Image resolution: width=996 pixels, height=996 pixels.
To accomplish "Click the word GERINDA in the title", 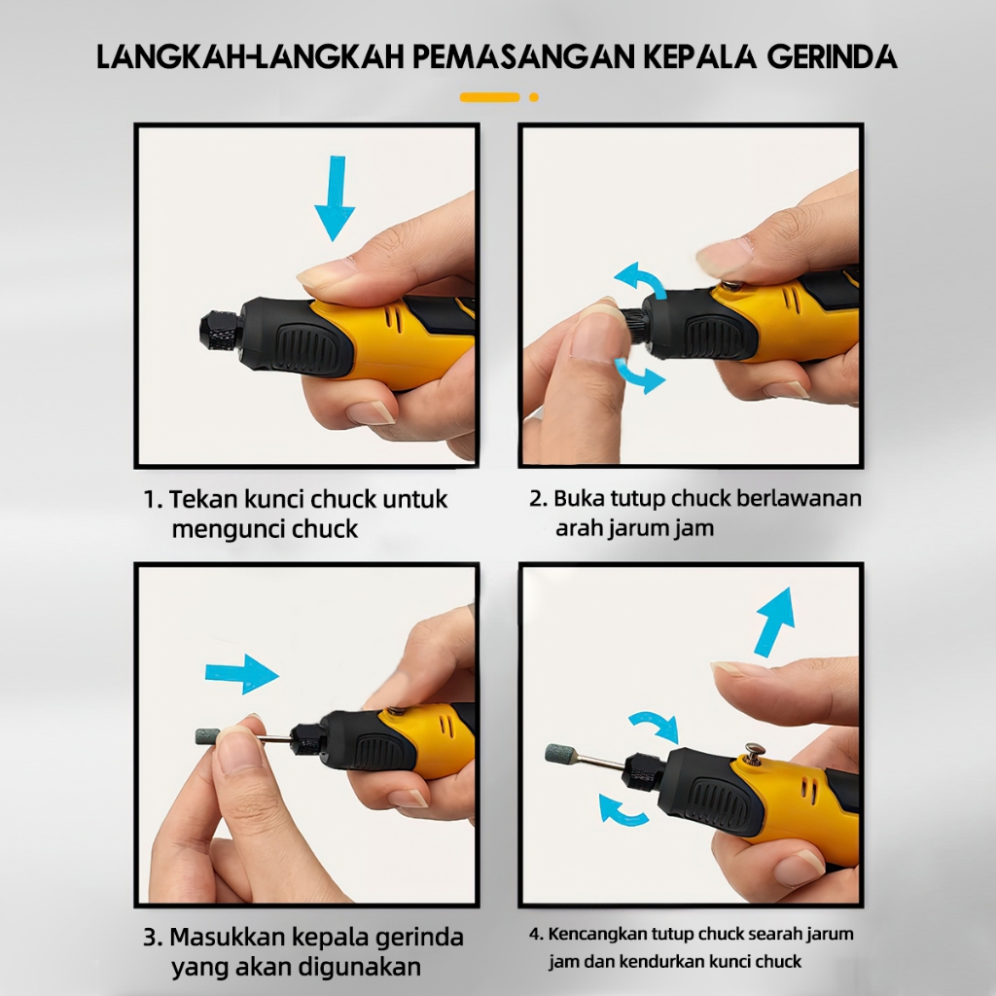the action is [833, 56].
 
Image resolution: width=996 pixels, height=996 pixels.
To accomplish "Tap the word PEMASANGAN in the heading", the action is [524, 56].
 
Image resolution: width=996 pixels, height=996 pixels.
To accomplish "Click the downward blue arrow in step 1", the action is [335, 198].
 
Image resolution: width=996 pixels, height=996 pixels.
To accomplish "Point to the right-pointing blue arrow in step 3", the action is [242, 674].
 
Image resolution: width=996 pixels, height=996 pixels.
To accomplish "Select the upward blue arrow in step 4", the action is [775, 622].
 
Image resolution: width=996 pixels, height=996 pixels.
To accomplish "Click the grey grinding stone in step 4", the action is [559, 754].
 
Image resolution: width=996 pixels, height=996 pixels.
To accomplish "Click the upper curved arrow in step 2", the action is [640, 277].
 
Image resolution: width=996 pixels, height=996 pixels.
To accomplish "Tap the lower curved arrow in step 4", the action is [622, 811].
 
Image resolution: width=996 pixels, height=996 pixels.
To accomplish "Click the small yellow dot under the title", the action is [534, 97].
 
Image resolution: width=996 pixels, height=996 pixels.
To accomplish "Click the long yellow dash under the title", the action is [490, 97].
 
